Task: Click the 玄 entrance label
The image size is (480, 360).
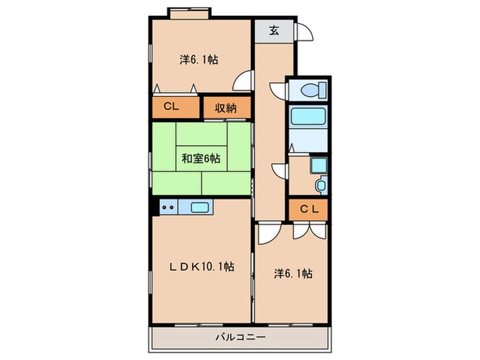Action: tap(274, 30)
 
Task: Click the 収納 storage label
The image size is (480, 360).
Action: tap(227, 108)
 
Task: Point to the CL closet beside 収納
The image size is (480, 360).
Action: tap(172, 108)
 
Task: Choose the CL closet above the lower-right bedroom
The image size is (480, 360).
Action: tap(308, 210)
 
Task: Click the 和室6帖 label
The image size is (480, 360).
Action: tap(200, 158)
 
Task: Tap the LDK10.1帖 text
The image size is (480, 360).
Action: tap(202, 266)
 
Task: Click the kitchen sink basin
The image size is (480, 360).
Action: tap(200, 206)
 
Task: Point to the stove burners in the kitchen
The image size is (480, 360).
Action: tap(169, 206)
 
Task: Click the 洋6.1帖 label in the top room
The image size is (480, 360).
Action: tap(200, 60)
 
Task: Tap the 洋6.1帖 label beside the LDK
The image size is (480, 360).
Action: tap(293, 274)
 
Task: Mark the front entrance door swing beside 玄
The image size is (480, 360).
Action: tap(304, 32)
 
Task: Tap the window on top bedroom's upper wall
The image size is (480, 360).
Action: tap(189, 11)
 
